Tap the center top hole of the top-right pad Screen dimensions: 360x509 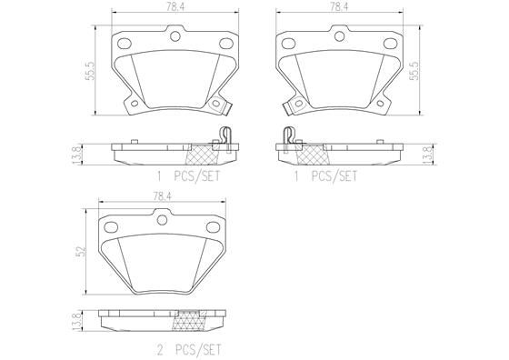point(334,38)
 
